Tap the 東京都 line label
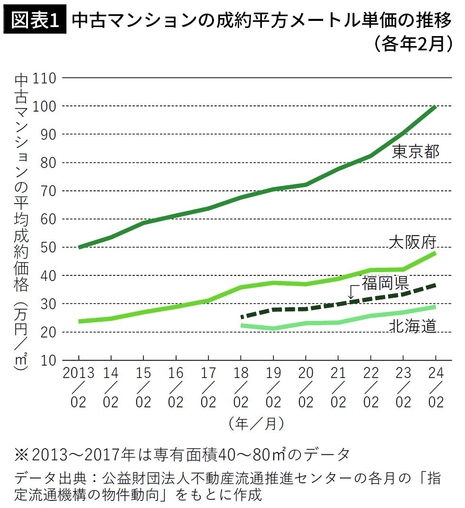point(416,151)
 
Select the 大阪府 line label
point(412,242)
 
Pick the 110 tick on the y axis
point(45,78)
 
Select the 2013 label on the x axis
point(78,373)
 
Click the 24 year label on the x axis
point(436,373)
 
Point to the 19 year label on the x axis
point(273,373)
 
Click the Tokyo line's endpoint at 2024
point(436,107)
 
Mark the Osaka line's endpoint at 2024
point(436,253)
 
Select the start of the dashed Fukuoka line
point(242,317)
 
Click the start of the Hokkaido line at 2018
point(242,326)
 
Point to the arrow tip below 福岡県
point(351,299)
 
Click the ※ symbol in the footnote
point(22,454)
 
